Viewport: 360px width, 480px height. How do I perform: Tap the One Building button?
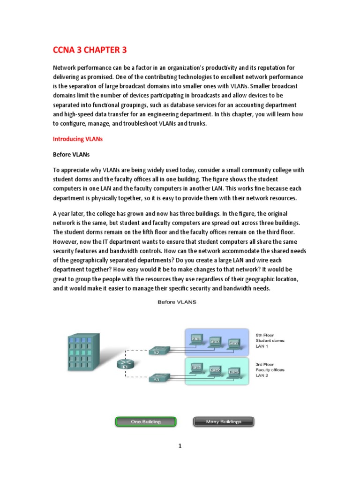click(145, 421)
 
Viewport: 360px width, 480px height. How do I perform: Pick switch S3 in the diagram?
click(156, 378)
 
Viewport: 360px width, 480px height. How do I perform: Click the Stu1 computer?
click(196, 339)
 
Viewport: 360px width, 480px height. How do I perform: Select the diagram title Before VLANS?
click(176, 302)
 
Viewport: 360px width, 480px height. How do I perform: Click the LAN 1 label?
click(262, 347)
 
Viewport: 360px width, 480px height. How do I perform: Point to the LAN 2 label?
click(262, 375)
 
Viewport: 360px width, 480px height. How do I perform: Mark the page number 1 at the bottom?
click(180, 446)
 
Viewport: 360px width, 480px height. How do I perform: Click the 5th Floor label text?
click(265, 335)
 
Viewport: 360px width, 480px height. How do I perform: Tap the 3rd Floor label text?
click(265, 364)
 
